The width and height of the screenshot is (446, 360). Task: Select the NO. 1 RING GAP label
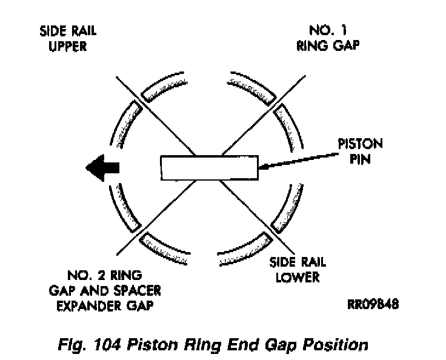click(324, 38)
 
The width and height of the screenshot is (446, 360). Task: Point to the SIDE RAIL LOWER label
click(298, 270)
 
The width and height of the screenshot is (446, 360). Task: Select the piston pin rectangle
click(210, 167)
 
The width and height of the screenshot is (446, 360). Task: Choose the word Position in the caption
click(336, 345)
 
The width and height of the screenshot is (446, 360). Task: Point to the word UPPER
click(67, 45)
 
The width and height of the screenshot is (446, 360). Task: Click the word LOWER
click(297, 278)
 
